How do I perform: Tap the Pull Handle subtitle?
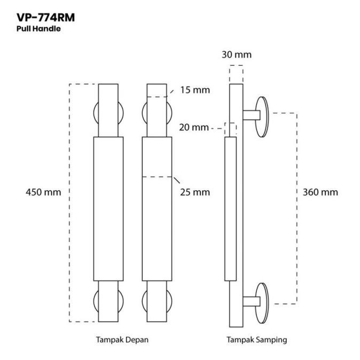pyautogui.click(x=38, y=29)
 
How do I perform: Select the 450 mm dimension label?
pyautogui.click(x=43, y=192)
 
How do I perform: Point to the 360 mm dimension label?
pyautogui.click(x=320, y=192)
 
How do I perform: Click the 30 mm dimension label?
pyautogui.click(x=236, y=54)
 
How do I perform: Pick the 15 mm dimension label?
pyautogui.click(x=194, y=90)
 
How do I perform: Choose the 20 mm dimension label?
pyautogui.click(x=193, y=128)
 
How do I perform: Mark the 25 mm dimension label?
pyautogui.click(x=194, y=192)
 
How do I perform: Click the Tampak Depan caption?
pyautogui.click(x=122, y=339)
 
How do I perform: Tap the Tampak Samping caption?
pyautogui.click(x=256, y=339)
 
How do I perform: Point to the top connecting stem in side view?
pyautogui.click(x=251, y=114)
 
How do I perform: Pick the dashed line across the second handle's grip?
pyautogui.click(x=158, y=176)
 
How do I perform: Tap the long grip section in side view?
pyautogui.click(x=230, y=208)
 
